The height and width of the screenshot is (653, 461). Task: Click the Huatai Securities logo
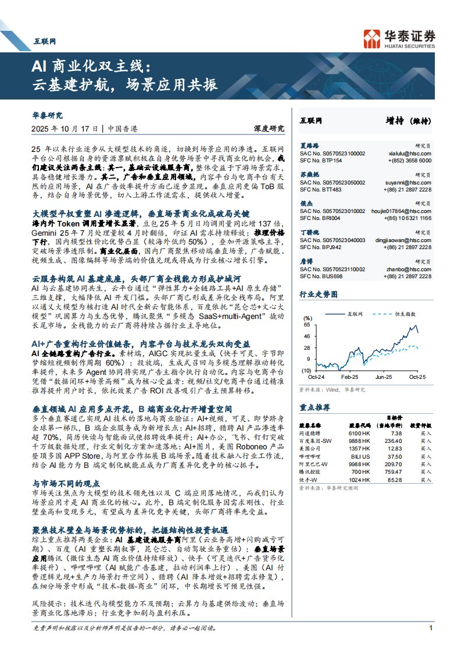pos(399,38)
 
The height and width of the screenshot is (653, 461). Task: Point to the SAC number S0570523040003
pos(333,239)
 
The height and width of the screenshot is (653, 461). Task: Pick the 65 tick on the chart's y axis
pos(306,325)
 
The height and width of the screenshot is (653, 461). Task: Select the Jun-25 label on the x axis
pos(383,378)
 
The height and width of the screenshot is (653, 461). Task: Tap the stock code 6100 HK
pos(359,434)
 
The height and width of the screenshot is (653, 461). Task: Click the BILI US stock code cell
pos(359,457)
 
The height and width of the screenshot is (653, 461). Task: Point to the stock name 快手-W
pos(308,480)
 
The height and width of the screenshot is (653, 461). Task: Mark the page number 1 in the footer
pos(430,628)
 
